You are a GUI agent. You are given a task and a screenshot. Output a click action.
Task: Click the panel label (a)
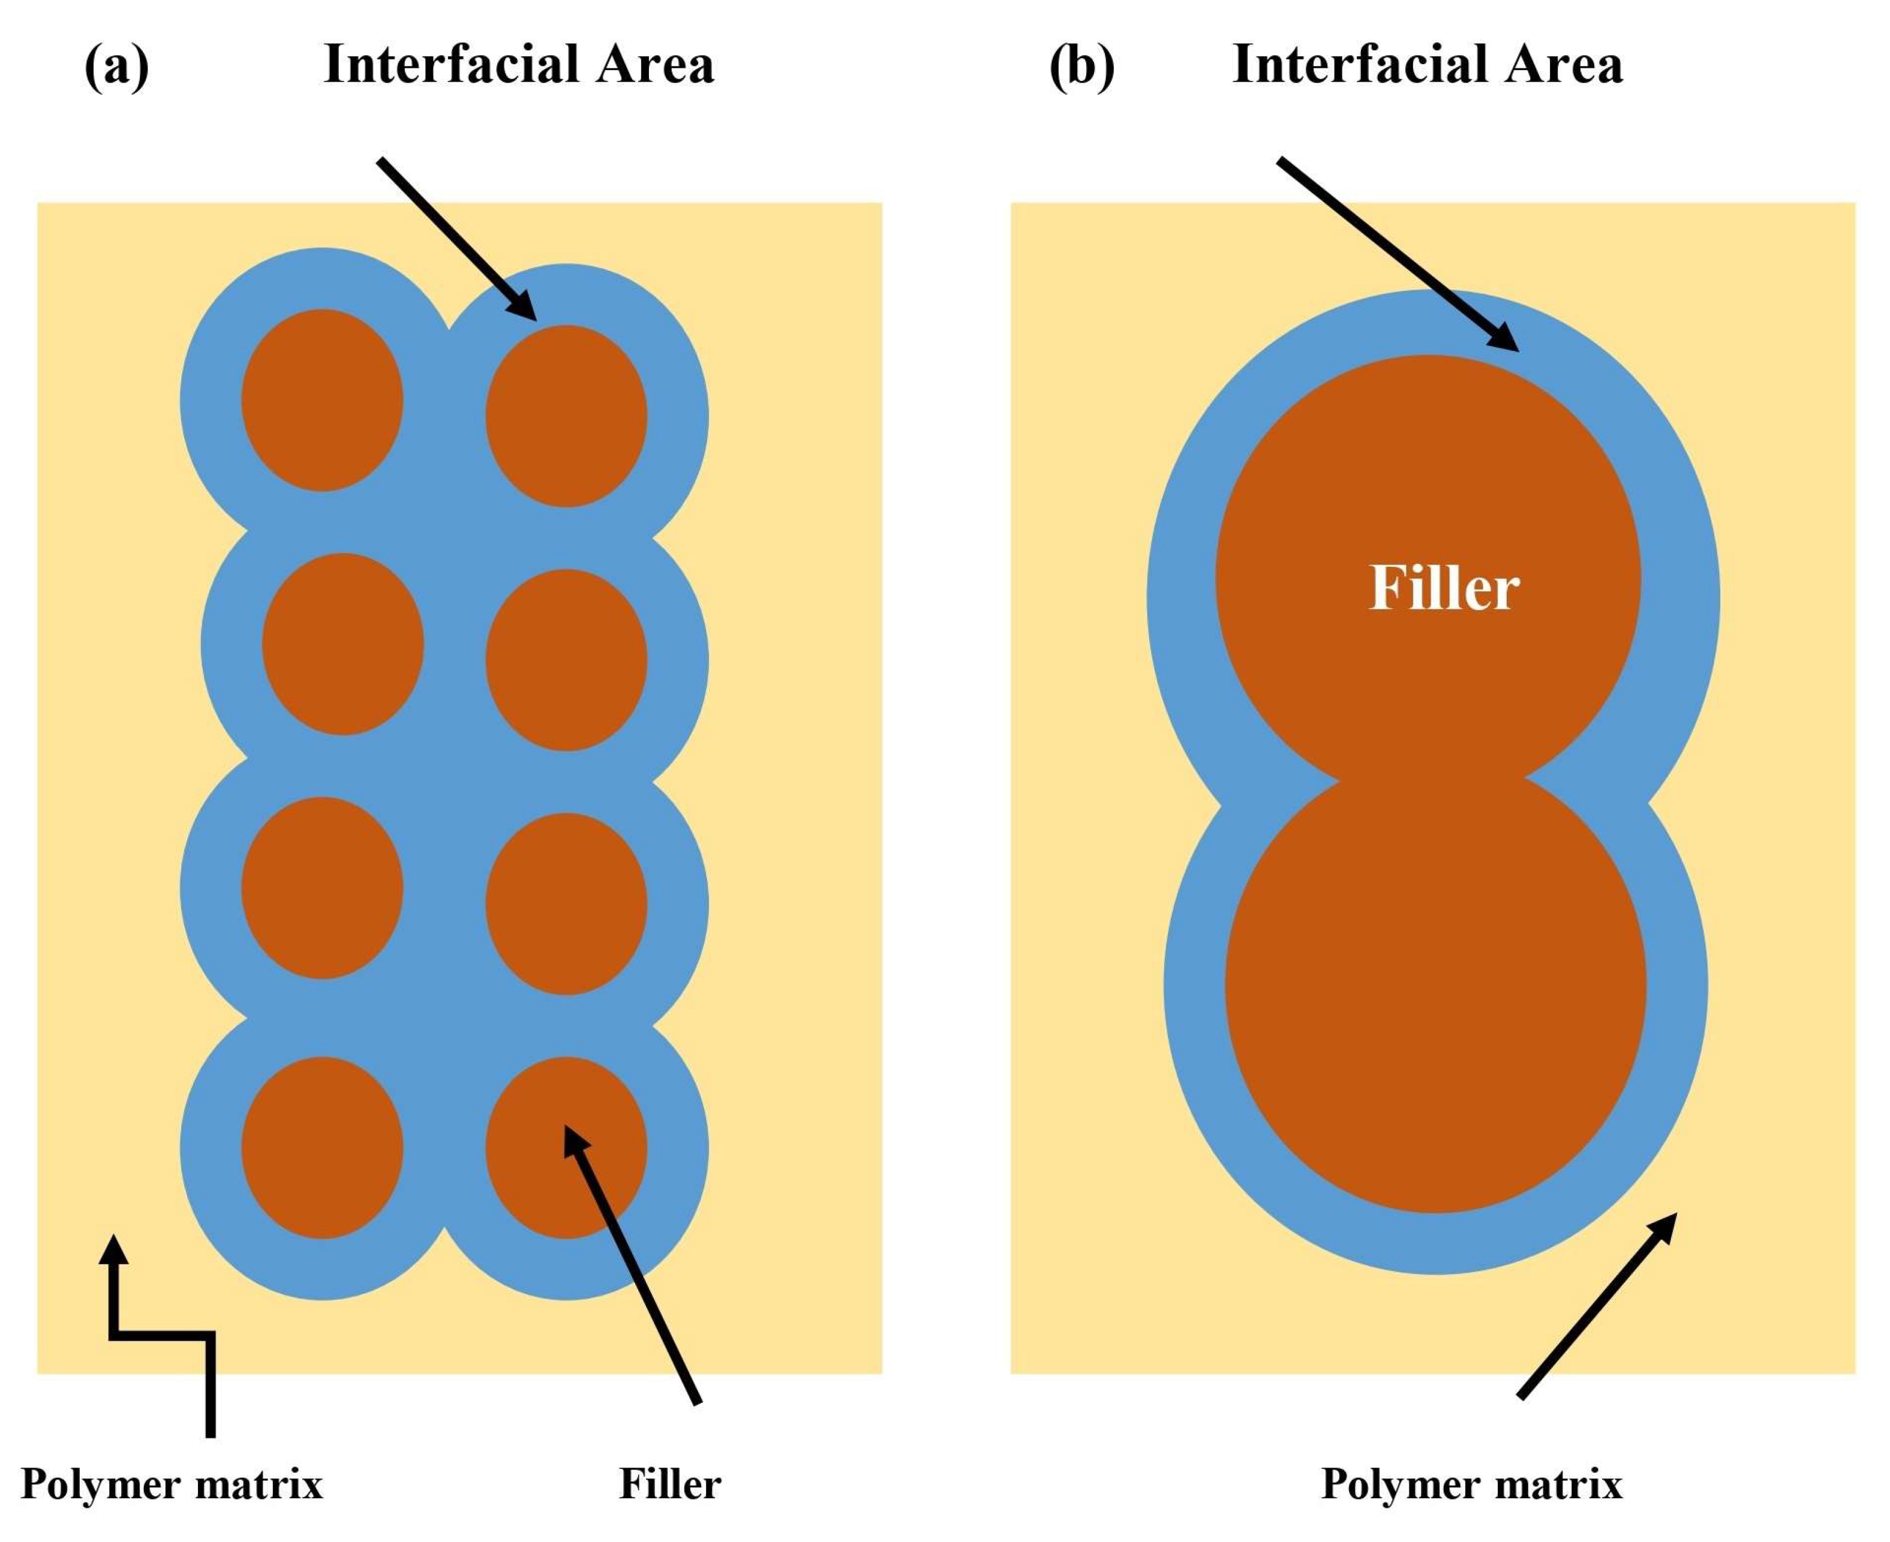(116, 67)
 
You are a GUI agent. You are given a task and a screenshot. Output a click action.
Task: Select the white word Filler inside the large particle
(1444, 588)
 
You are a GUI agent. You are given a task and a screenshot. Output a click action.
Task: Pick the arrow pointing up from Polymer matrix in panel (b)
(1597, 1306)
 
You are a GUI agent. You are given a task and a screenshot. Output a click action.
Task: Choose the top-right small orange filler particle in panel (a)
(566, 416)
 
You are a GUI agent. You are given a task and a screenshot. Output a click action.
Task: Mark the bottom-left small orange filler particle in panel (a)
(323, 1147)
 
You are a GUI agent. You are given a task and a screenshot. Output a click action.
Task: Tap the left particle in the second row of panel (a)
(343, 644)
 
